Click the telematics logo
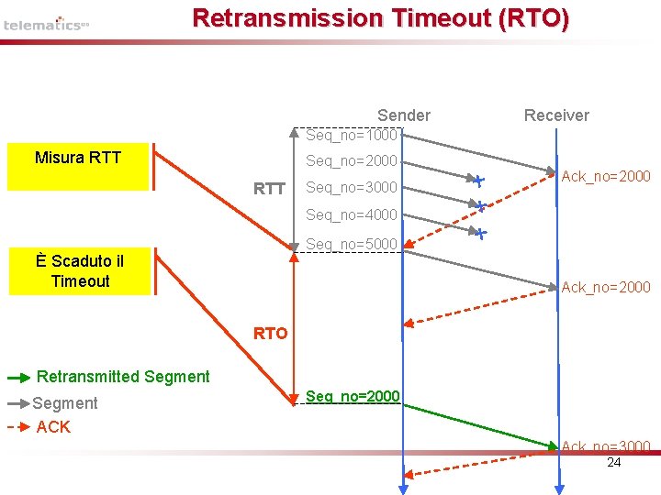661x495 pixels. click(x=45, y=24)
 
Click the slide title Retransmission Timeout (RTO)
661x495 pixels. click(x=380, y=18)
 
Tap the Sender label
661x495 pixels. click(x=403, y=115)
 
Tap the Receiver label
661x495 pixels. click(x=556, y=115)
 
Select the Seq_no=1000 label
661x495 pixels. click(x=352, y=136)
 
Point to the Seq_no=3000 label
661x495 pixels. click(x=352, y=188)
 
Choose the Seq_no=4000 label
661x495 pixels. click(x=352, y=215)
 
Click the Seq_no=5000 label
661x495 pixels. click(x=352, y=244)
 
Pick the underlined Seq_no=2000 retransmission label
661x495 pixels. click(x=353, y=396)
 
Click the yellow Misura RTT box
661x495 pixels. click(x=78, y=166)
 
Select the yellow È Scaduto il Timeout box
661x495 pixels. click(x=80, y=271)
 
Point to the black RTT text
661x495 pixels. click(x=269, y=190)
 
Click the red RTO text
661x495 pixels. click(x=270, y=334)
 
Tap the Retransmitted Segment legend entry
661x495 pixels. click(x=122, y=377)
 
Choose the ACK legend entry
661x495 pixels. click(x=52, y=427)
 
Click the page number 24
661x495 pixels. click(x=614, y=462)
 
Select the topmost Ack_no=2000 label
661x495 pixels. click(x=606, y=176)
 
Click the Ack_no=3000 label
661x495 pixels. click(x=606, y=446)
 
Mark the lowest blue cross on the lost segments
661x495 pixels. click(x=481, y=234)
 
